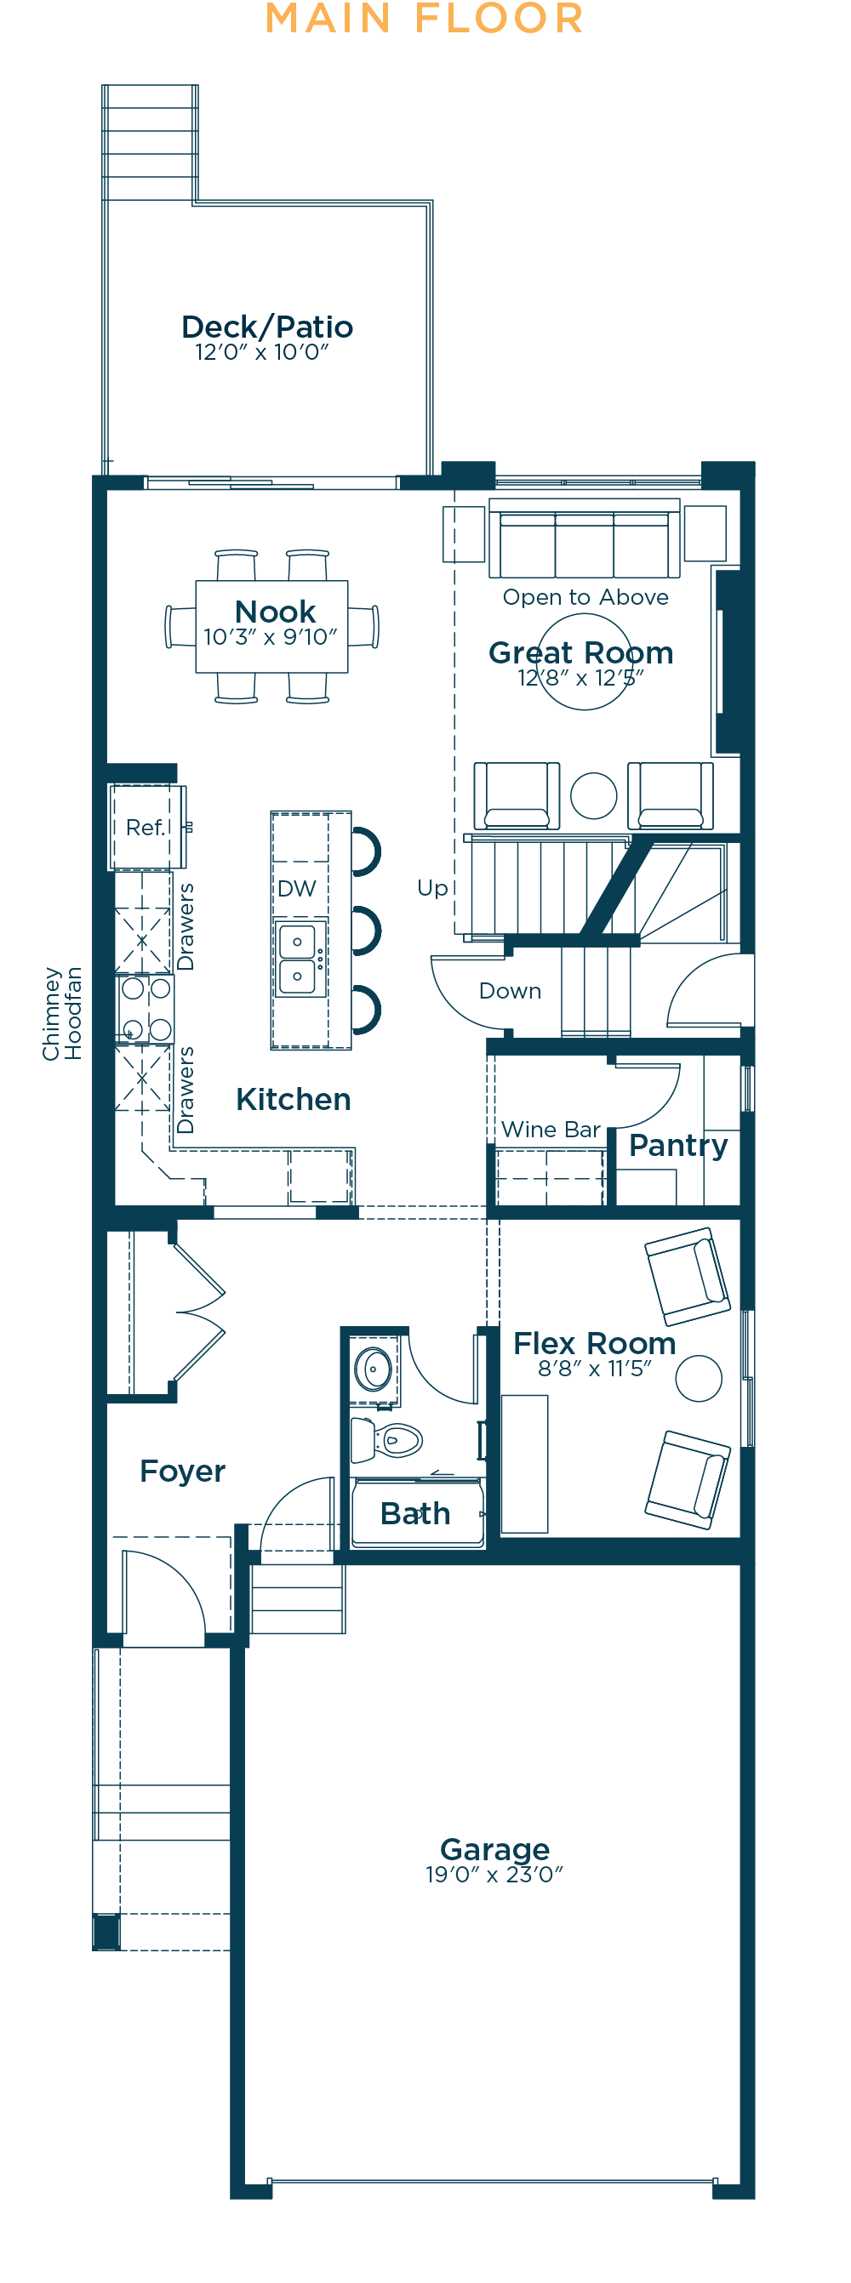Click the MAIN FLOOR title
click(x=425, y=19)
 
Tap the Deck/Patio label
click(x=267, y=327)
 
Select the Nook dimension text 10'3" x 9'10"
click(x=271, y=636)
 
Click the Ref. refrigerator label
click(x=146, y=828)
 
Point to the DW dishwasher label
click(x=297, y=889)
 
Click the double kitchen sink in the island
click(x=298, y=959)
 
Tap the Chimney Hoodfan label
click(x=62, y=1013)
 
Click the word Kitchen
click(x=294, y=1099)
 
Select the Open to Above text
click(x=585, y=597)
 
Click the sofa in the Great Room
click(x=584, y=538)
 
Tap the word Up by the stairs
click(x=432, y=889)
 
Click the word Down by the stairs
click(x=510, y=991)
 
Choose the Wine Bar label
click(x=551, y=1129)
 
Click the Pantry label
click(x=678, y=1146)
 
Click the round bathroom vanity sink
click(x=374, y=1369)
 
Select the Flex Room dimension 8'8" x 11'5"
click(x=594, y=1369)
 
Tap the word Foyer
click(x=183, y=1472)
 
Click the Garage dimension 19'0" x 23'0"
click(x=494, y=1875)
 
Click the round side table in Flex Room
click(x=699, y=1379)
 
